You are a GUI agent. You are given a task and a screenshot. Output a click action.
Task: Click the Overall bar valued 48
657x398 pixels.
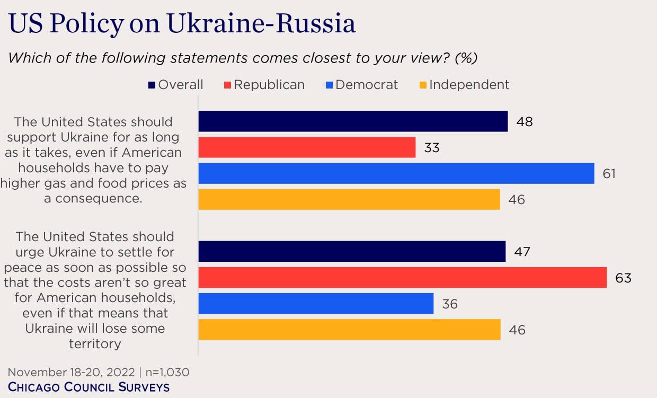353,121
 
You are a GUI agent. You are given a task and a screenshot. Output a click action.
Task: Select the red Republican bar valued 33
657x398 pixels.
307,147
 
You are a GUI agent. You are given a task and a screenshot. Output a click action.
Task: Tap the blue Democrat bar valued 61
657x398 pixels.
396,173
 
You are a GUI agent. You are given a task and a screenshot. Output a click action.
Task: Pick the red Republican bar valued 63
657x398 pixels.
402,278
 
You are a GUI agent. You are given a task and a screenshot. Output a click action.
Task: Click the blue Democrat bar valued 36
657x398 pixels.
316,304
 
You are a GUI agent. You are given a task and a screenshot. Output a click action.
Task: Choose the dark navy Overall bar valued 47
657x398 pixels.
352,252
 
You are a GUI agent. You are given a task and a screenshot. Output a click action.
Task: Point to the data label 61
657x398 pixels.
609,173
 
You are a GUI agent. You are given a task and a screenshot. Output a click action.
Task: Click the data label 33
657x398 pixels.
431,148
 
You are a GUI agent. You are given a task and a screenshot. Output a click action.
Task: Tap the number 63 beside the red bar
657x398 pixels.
623,278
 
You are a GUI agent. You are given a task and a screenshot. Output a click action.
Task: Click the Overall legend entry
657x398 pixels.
175,85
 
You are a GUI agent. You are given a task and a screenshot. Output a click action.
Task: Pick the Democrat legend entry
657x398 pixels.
361,85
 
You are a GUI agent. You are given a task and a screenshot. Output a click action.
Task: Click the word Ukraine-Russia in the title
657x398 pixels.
261,24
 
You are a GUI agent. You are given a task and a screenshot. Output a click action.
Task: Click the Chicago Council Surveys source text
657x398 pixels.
88,387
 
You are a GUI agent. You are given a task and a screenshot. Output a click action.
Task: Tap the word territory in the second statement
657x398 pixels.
95,343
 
